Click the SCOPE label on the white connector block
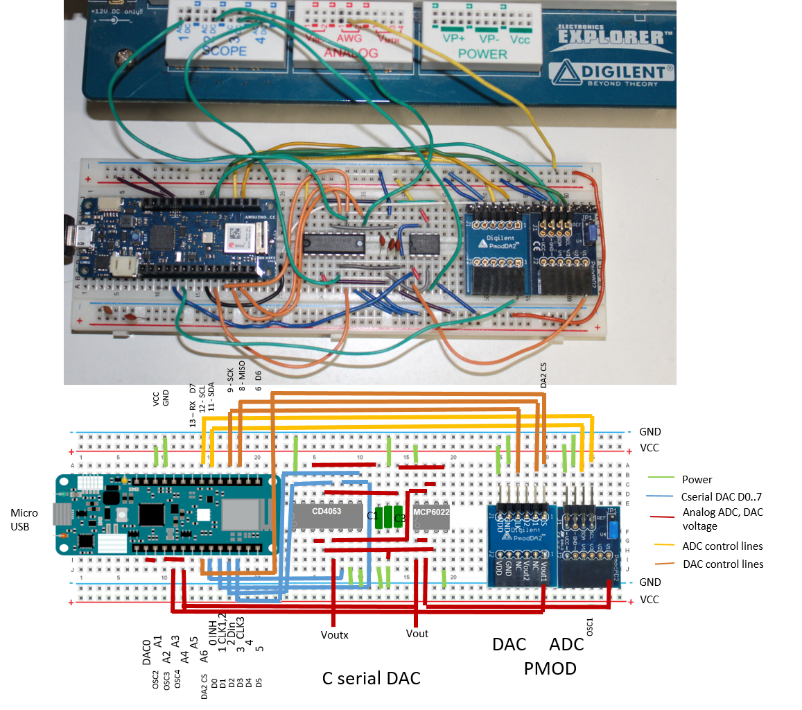(224, 51)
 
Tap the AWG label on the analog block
(349, 39)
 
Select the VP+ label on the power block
(454, 40)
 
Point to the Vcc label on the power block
(520, 40)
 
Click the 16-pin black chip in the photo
(333, 243)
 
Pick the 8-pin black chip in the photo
(424, 244)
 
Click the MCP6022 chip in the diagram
(431, 514)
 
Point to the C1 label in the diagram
(372, 516)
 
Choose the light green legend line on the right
(661, 477)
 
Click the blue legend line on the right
(661, 496)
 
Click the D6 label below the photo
(259, 375)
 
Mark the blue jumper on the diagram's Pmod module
(613, 530)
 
